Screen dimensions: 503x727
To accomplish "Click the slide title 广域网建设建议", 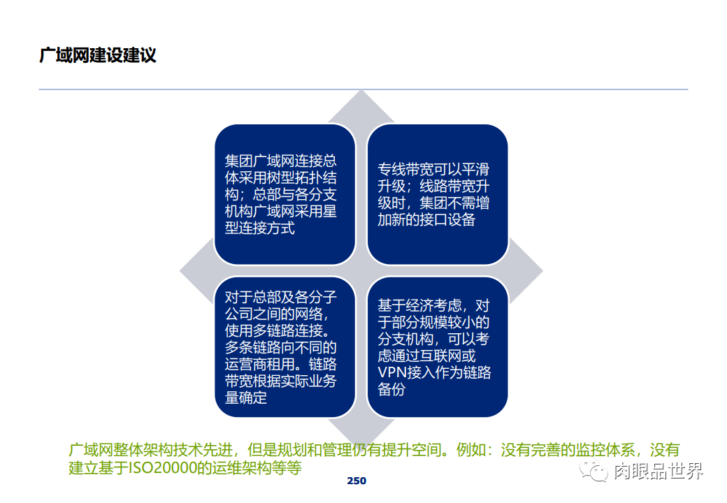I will pyautogui.click(x=98, y=55).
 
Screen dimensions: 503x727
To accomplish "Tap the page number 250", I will pyautogui.click(x=357, y=481).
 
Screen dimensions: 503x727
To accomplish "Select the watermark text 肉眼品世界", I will pyautogui.click(x=658, y=472).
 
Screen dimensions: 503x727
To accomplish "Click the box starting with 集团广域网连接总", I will pyautogui.click(x=285, y=194).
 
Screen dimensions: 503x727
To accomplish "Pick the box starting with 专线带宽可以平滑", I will pyautogui.click(x=437, y=194).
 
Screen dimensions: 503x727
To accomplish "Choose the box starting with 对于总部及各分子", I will pyautogui.click(x=285, y=347).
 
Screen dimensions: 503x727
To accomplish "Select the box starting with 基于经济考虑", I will pyautogui.click(x=437, y=347).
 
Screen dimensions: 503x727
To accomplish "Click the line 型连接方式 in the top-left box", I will pyautogui.click(x=259, y=228).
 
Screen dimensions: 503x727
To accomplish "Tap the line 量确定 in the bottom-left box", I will pyautogui.click(x=245, y=398).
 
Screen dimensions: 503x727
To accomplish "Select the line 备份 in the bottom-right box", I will pyautogui.click(x=391, y=389).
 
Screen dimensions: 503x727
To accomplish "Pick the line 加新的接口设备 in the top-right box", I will pyautogui.click(x=426, y=219).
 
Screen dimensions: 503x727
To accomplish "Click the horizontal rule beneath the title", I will pyautogui.click(x=363, y=89).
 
